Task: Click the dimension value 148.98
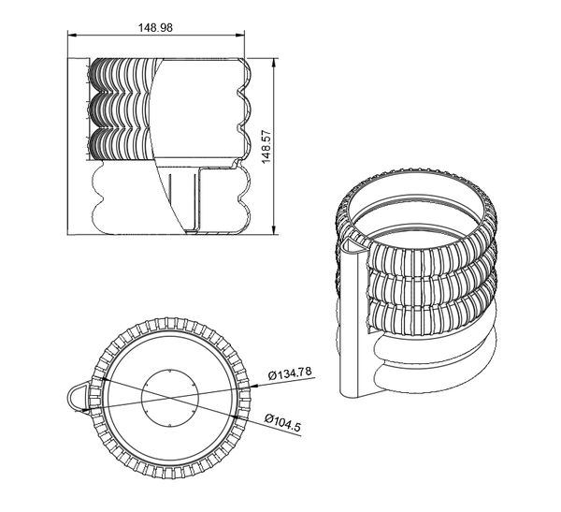pos(155,27)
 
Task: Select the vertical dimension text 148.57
pos(266,147)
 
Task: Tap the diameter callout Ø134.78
pos(290,373)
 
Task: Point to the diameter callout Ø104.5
pos(282,422)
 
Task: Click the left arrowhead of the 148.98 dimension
pos(72,36)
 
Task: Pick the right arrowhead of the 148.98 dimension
pos(240,36)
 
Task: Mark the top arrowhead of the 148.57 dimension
pos(274,62)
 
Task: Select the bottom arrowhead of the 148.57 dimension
pos(274,230)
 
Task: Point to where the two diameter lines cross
pos(169,398)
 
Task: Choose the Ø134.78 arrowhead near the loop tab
pos(87,410)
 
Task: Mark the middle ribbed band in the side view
pos(122,110)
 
